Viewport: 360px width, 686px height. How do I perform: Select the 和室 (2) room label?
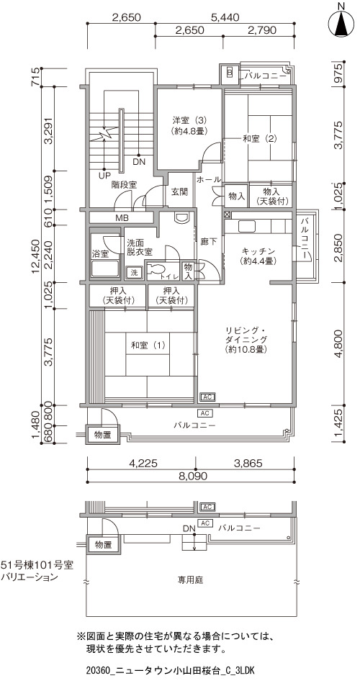(x=260, y=139)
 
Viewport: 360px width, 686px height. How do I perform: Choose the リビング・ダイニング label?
(x=246, y=340)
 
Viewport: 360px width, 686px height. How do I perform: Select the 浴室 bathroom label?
(x=100, y=253)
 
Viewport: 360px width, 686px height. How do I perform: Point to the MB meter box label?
(x=122, y=217)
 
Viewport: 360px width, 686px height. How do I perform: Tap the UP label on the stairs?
(x=104, y=176)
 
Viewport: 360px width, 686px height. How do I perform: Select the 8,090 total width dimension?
(x=191, y=476)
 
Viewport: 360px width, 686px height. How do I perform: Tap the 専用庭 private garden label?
(x=190, y=580)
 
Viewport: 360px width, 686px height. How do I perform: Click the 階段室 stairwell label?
(x=124, y=184)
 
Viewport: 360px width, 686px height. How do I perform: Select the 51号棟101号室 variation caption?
(x=37, y=565)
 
